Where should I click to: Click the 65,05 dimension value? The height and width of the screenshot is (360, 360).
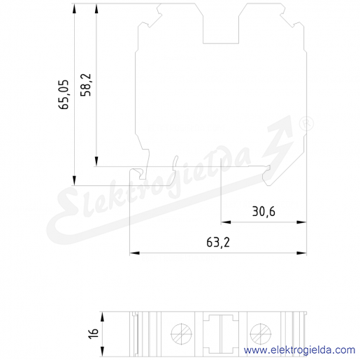[64, 94]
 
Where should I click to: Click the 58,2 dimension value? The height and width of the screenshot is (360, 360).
[86, 85]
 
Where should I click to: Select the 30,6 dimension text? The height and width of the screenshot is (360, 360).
[264, 212]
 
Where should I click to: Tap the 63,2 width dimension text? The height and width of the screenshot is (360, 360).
[218, 243]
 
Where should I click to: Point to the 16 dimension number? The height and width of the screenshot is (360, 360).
[94, 333]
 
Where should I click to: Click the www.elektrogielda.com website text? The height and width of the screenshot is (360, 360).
[299, 350]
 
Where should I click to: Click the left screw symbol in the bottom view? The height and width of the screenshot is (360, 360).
[182, 334]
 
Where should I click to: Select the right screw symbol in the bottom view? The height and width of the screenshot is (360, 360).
[261, 334]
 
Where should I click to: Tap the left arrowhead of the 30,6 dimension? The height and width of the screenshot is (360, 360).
[226, 222]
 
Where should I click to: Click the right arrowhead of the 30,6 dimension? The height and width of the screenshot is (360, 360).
[301, 222]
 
